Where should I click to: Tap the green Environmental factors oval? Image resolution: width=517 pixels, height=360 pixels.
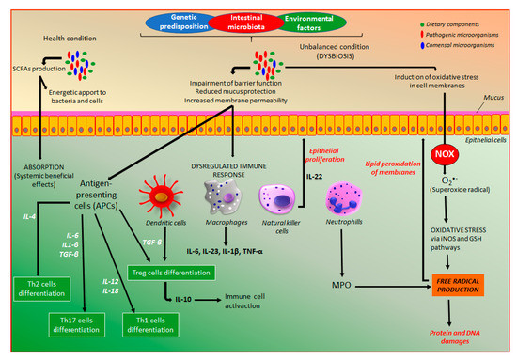pos(326,20)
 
